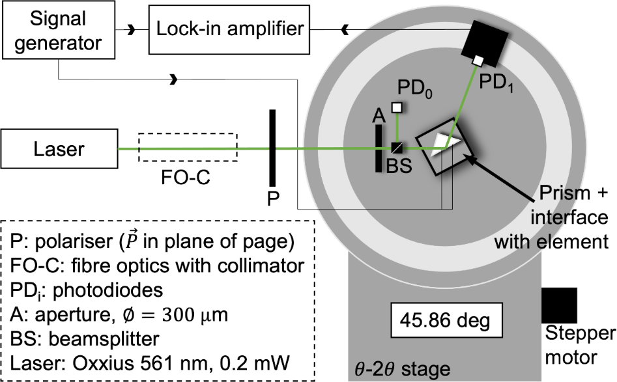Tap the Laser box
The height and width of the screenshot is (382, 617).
(x=59, y=149)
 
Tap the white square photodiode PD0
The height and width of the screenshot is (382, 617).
(x=396, y=107)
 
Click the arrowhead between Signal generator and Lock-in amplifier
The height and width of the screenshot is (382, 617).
(x=134, y=29)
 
